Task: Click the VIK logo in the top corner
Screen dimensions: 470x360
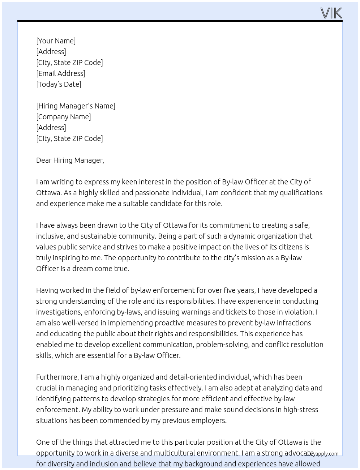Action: click(x=331, y=13)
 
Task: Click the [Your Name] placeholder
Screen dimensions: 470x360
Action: click(x=56, y=41)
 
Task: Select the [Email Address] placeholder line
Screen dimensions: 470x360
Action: click(x=61, y=73)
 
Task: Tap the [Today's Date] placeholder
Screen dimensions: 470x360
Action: click(x=59, y=84)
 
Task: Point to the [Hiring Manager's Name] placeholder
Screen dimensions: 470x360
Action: click(x=76, y=106)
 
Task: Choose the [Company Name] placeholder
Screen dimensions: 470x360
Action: click(x=63, y=117)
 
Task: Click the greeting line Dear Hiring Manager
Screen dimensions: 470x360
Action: click(x=70, y=160)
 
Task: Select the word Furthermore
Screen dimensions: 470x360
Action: click(x=57, y=377)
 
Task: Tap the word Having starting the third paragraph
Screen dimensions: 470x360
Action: click(x=47, y=290)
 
